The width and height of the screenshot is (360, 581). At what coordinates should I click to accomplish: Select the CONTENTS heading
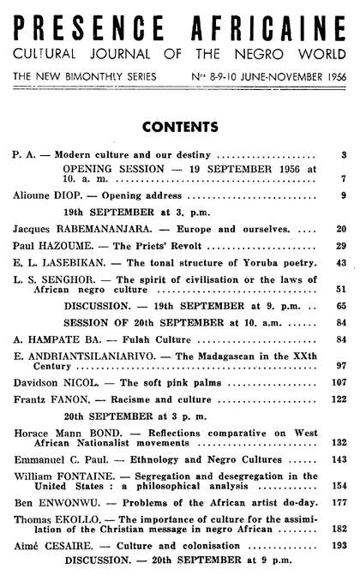[179, 128]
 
